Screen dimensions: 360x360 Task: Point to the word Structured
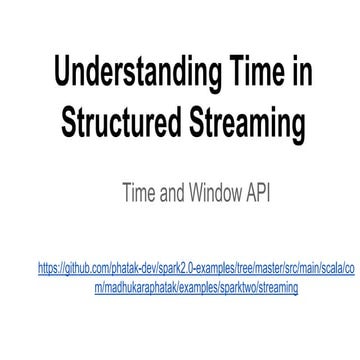pos(120,123)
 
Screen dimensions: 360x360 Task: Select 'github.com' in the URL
pos(83,269)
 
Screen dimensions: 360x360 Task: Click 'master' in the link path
pos(248,269)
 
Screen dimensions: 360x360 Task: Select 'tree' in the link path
pos(225,269)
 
